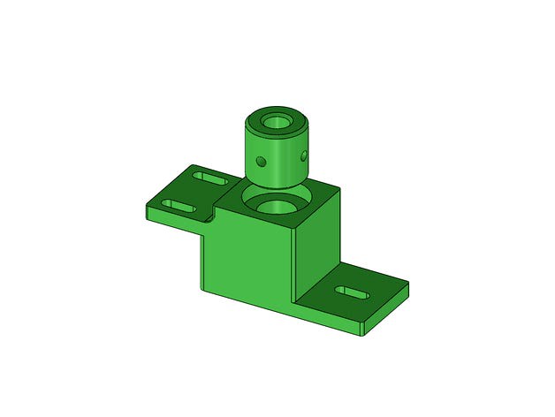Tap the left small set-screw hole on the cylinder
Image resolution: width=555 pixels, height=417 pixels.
point(260,161)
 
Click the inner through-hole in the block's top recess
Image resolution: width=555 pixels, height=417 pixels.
point(277,207)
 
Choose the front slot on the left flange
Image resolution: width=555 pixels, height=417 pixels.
point(179,206)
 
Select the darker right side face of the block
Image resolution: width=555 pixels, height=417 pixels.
point(318,247)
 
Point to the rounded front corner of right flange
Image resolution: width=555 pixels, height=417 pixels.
point(365,334)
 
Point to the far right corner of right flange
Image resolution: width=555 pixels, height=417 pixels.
point(408,284)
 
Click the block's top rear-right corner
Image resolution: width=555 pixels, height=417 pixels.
point(340,190)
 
